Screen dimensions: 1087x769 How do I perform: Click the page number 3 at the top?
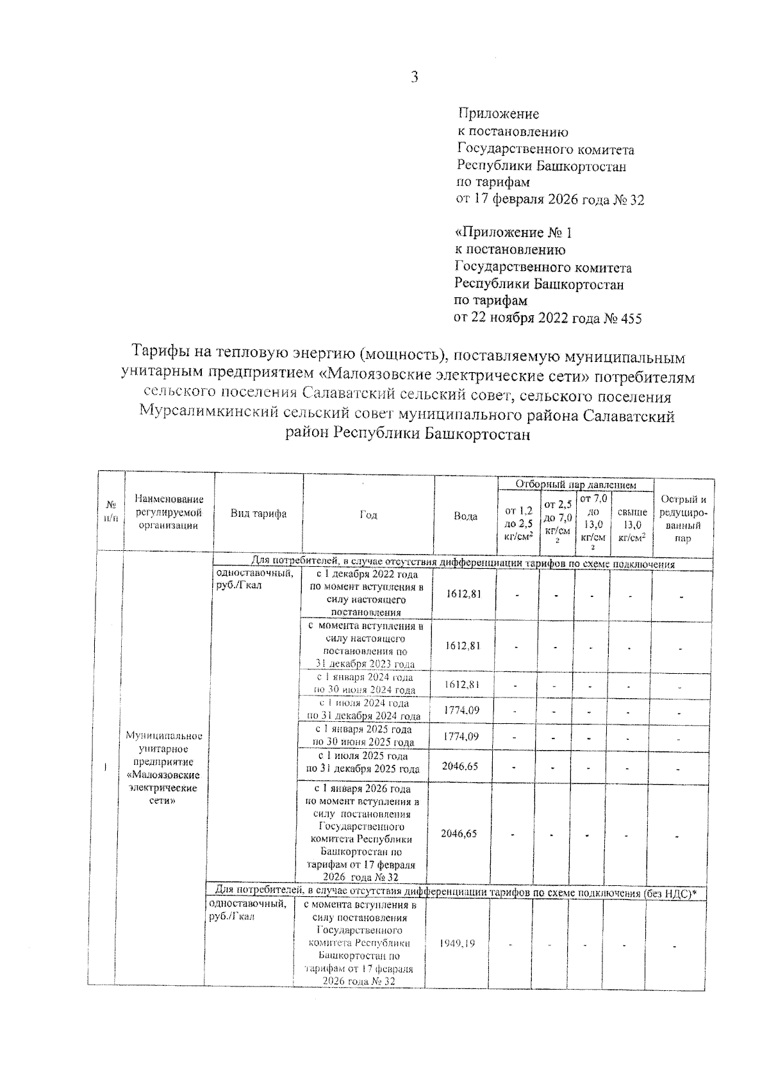click(414, 78)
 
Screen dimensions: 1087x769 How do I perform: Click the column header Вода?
click(465, 516)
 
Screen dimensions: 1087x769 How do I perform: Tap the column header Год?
click(368, 516)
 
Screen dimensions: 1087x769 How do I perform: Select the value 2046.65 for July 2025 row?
click(460, 766)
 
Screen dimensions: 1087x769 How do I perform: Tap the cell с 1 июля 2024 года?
click(363, 710)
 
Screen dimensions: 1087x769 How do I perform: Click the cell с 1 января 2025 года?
click(363, 736)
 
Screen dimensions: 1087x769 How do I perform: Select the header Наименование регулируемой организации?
click(169, 512)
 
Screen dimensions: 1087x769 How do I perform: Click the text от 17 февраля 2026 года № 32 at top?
click(550, 200)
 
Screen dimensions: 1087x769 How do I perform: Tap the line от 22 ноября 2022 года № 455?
click(548, 318)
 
